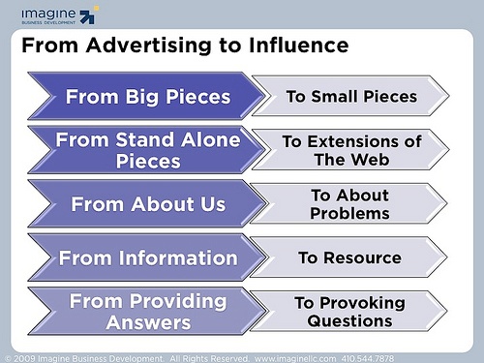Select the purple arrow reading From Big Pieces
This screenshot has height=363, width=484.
145,97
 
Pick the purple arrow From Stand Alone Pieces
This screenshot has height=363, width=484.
145,150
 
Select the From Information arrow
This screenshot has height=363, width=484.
145,258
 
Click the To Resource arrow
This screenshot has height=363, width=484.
351,258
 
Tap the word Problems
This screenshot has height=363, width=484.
350,213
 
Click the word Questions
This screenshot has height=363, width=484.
350,320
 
